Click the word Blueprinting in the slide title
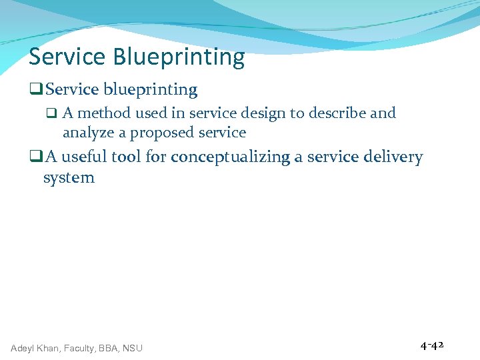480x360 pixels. pos(179,58)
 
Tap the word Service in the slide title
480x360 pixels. pos(67,57)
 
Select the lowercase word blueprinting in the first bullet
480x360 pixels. pos(150,89)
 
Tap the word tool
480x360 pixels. pos(125,157)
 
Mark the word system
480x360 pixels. pos(69,178)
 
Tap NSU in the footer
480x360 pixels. pos(132,347)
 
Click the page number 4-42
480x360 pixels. pos(432,346)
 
